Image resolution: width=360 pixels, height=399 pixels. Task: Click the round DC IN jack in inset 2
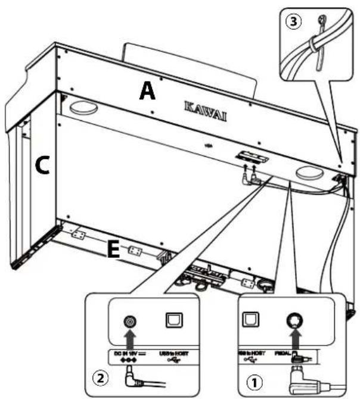point(129,323)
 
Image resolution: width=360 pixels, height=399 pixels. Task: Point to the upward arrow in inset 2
point(129,341)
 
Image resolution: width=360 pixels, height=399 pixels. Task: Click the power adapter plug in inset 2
point(133,376)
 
